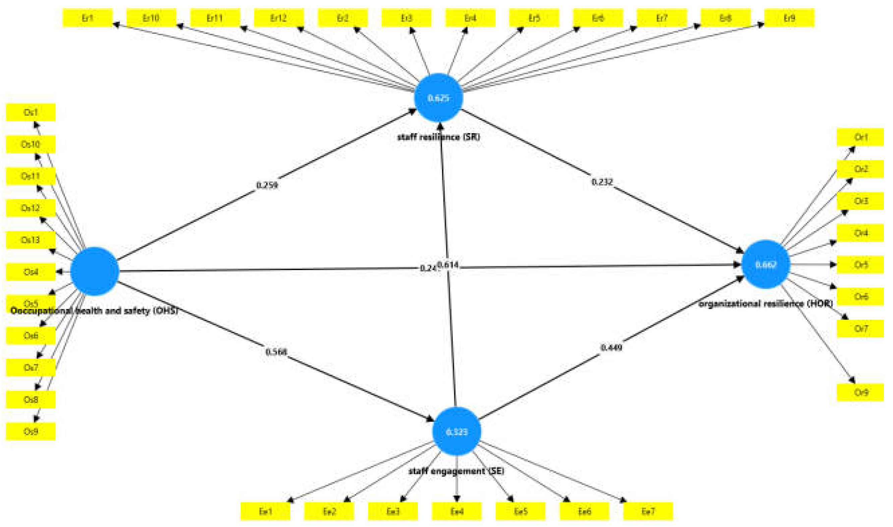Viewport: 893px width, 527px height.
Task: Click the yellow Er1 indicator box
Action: click(88, 18)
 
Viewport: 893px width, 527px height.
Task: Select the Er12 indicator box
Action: click(279, 18)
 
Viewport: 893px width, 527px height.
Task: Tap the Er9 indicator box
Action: click(789, 18)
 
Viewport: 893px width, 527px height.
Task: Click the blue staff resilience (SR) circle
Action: click(438, 98)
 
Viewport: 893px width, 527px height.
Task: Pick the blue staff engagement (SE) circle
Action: click(456, 431)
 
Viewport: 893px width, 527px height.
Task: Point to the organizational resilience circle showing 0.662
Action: click(766, 264)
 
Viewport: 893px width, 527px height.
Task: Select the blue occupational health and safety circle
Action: click(95, 271)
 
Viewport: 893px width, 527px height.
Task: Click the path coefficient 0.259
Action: click(267, 185)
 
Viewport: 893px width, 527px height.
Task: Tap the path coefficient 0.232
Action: click(602, 182)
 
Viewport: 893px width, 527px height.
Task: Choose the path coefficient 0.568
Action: click(276, 352)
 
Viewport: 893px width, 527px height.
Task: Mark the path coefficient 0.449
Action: click(611, 347)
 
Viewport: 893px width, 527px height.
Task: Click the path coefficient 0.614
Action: click(448, 265)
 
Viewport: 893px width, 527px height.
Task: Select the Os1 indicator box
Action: click(31, 112)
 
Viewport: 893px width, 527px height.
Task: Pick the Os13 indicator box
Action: click(31, 240)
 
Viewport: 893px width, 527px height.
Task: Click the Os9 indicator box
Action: click(31, 431)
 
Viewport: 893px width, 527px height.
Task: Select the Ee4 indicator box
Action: click(457, 511)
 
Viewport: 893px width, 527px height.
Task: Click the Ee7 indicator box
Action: click(648, 511)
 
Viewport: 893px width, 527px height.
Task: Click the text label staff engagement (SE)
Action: click(456, 471)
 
